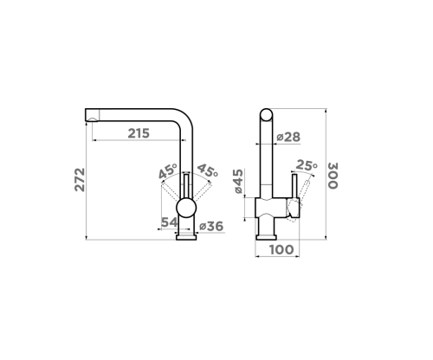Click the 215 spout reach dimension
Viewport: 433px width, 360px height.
(x=139, y=133)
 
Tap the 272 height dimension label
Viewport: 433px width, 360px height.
(x=80, y=180)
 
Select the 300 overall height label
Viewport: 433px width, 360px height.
(x=333, y=176)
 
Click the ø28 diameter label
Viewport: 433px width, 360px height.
(x=288, y=137)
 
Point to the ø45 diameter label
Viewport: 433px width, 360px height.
(x=238, y=181)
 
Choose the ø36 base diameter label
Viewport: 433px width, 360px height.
(x=211, y=227)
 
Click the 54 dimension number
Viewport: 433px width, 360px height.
(x=169, y=222)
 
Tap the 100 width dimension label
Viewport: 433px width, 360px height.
(x=281, y=249)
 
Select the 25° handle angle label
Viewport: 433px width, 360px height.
(x=307, y=165)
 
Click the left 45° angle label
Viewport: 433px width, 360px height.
(x=168, y=171)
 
